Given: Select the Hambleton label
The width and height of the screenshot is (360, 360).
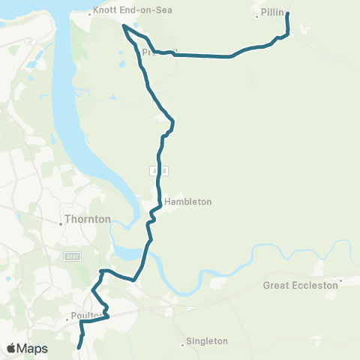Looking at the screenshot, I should click(x=188, y=202).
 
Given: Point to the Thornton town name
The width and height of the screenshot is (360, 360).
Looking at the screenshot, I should click(x=88, y=220).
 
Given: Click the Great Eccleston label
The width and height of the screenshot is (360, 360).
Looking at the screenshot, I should click(x=300, y=285).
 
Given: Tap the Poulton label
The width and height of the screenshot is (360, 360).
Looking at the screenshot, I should click(x=85, y=316).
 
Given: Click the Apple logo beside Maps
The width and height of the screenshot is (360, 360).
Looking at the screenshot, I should click(x=11, y=349).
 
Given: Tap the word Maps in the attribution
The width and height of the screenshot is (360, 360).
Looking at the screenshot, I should click(x=32, y=349).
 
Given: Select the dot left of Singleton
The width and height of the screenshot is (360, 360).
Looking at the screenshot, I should click(x=184, y=345).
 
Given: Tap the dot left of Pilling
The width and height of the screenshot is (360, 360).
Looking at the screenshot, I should click(x=256, y=14).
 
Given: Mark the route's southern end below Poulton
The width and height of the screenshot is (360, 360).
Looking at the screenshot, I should click(x=79, y=347).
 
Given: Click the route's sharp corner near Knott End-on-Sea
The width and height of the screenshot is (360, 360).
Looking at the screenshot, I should click(x=124, y=26).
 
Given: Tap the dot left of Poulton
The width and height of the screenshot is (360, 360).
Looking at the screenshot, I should click(x=66, y=316).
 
